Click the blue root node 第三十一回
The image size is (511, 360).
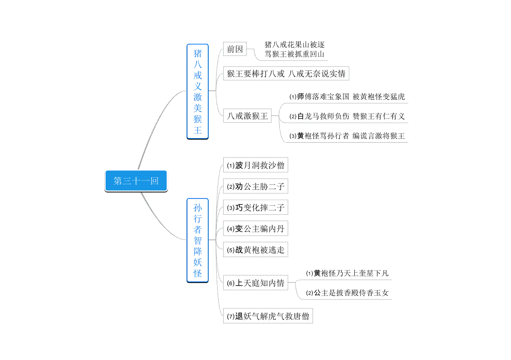(136, 181)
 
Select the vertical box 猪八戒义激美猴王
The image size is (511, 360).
(198, 92)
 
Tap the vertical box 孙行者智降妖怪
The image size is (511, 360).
(198, 240)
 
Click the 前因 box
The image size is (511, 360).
(235, 49)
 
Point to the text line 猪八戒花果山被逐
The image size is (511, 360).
(295, 44)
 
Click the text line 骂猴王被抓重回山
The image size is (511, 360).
(295, 54)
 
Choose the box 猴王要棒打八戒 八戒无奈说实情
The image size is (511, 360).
(286, 74)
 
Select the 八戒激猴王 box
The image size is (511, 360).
(247, 116)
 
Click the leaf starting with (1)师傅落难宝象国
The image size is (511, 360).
(347, 97)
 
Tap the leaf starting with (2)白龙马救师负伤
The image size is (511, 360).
(347, 116)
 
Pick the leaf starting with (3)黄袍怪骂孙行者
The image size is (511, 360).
(347, 136)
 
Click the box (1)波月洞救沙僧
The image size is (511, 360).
(255, 165)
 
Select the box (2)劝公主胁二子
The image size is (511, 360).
(255, 186)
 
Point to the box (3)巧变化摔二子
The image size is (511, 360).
(255, 207)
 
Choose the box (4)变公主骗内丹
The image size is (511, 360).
(255, 228)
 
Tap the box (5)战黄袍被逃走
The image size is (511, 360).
(255, 250)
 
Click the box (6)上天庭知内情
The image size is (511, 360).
(255, 283)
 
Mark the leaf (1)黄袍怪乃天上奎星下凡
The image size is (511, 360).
(347, 273)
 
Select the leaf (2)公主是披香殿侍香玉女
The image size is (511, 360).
(347, 293)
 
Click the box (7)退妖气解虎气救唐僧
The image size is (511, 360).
(268, 316)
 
